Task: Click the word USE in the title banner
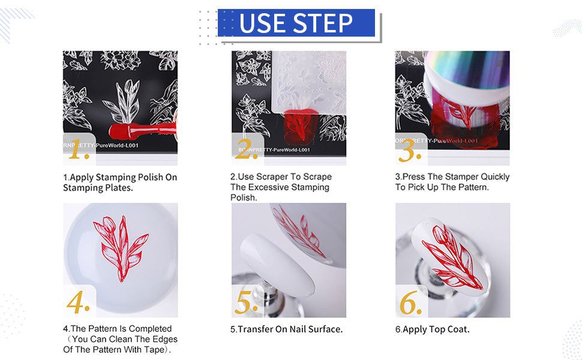coord(262,23)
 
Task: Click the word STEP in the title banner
coord(323,23)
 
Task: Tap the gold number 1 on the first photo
coord(79,149)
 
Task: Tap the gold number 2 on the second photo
coord(246,149)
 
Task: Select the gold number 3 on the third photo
coord(410,151)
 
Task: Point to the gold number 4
coord(79,301)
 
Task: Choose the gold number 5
coord(246,301)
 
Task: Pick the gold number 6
coord(410,302)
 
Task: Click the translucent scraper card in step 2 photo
coord(309,82)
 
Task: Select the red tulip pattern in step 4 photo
coord(121,248)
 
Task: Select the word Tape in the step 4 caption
coord(155,350)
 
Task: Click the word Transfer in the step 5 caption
coord(256,329)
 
